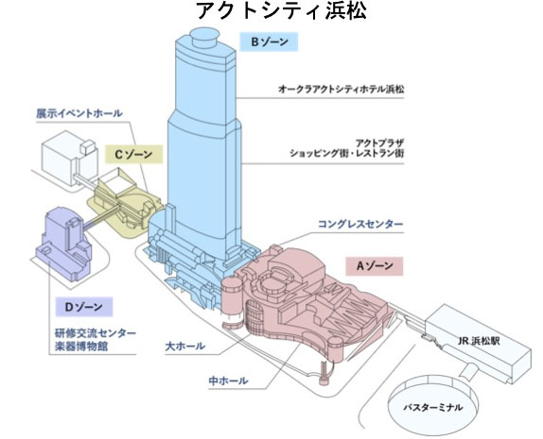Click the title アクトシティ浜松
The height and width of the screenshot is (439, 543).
271,13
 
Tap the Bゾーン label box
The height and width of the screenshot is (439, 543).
270,42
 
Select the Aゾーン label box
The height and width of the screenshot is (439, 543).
374,266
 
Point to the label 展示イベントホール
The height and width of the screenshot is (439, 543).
80,112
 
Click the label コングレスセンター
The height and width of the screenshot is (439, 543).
361,224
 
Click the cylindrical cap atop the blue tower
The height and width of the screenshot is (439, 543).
205,40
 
